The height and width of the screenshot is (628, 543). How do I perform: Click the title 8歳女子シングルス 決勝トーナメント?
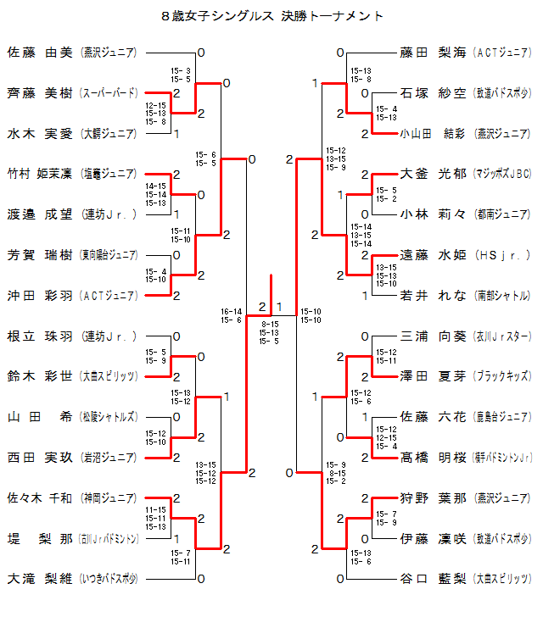(271, 16)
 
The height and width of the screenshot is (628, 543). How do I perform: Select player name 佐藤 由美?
(40, 53)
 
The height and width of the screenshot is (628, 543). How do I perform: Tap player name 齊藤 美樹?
(40, 93)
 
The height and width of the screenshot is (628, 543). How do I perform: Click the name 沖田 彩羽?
(40, 296)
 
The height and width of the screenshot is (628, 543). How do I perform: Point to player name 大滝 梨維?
(40, 580)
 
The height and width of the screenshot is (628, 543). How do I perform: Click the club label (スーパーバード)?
(109, 93)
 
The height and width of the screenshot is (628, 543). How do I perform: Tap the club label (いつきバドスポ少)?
(109, 580)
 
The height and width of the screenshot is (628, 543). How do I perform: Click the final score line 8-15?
(270, 325)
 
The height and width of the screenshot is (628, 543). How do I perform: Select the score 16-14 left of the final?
(231, 311)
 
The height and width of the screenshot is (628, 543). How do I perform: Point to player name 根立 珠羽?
(40, 336)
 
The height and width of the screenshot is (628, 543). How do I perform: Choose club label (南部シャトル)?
(502, 296)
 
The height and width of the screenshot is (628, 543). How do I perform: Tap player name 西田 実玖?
(40, 458)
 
